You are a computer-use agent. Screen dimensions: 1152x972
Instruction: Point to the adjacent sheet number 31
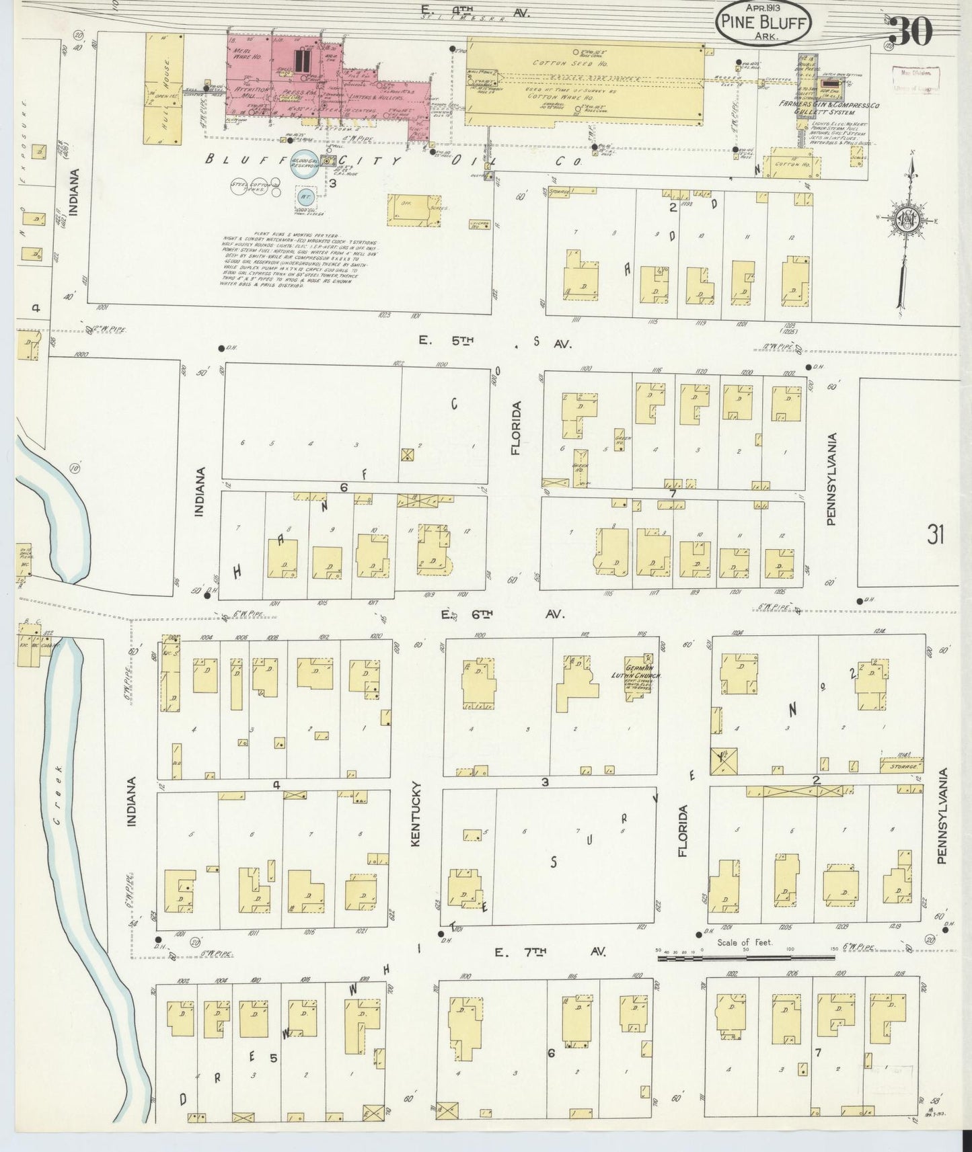tap(935, 535)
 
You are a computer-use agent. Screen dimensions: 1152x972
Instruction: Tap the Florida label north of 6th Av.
tap(516, 428)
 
